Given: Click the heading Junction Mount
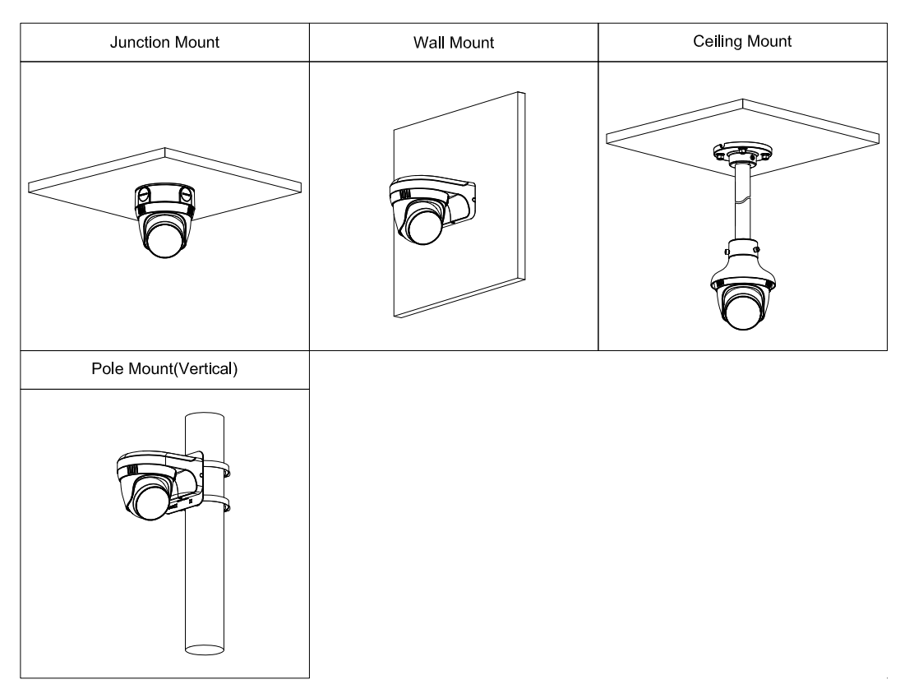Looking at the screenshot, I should [165, 42].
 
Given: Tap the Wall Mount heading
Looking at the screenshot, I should [454, 42].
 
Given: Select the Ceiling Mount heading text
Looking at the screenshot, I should [743, 42].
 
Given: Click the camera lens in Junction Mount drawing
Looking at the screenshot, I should [164, 244].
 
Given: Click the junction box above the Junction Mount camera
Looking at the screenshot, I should [164, 197].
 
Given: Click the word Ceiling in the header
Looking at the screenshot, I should [718, 42].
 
